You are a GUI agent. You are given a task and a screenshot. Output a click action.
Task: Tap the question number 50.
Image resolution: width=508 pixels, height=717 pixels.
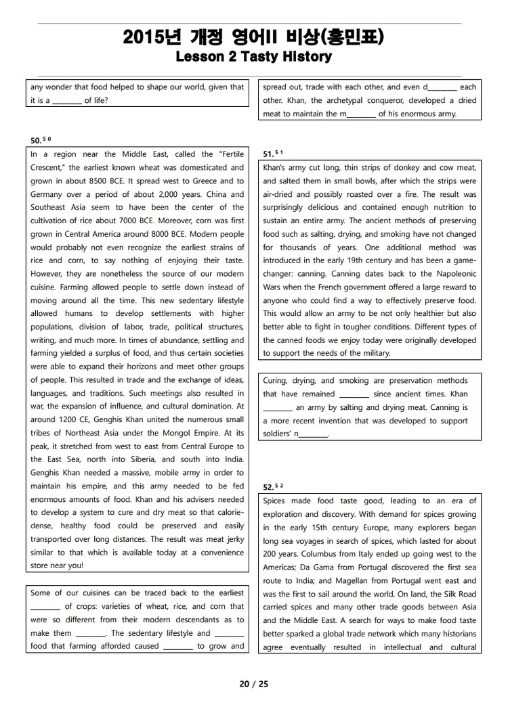click(x=35, y=141)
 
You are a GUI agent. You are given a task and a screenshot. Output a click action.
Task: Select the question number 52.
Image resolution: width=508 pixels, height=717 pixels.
click(x=268, y=487)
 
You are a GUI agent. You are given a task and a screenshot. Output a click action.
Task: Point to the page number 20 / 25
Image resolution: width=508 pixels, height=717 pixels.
click(x=254, y=684)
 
